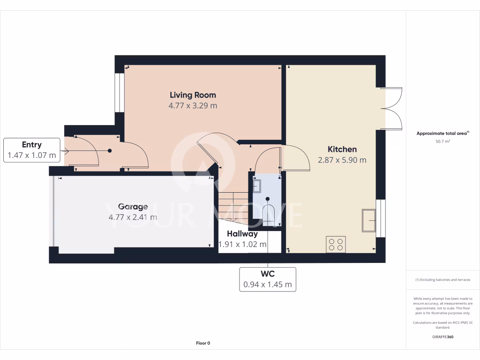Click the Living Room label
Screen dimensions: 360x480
(x=193, y=95)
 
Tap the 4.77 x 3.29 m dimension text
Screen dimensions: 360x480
(x=193, y=106)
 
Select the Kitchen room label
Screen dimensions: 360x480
(x=342, y=149)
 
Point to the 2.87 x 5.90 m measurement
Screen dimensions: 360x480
(x=342, y=160)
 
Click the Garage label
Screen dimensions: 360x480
(x=133, y=206)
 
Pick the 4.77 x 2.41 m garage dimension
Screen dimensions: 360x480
(x=133, y=217)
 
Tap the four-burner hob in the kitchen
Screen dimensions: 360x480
(x=336, y=244)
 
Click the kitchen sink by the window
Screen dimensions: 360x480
(x=368, y=220)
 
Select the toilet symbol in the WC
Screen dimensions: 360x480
(x=268, y=211)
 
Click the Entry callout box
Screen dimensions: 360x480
(x=32, y=150)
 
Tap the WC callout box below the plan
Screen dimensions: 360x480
(x=268, y=279)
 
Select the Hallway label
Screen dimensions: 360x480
(x=242, y=233)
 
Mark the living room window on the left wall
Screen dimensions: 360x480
(x=119, y=92)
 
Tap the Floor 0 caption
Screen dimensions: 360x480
(x=203, y=343)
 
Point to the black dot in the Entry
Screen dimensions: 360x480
(x=110, y=150)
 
